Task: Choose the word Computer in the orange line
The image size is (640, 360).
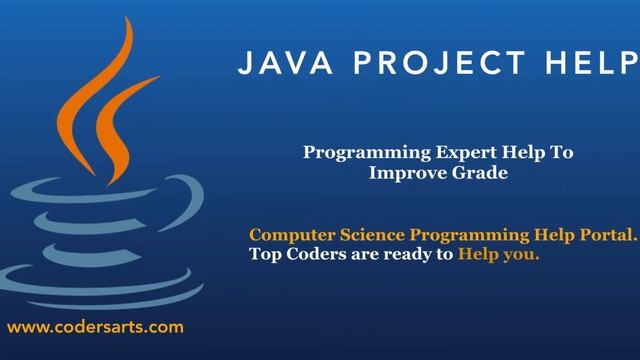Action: coord(290,235)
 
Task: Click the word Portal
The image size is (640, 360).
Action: coord(608,235)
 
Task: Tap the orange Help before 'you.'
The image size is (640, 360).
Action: coord(479,255)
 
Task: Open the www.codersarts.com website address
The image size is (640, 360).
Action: coord(95,327)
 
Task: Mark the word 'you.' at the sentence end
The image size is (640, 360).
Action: coord(522,255)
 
